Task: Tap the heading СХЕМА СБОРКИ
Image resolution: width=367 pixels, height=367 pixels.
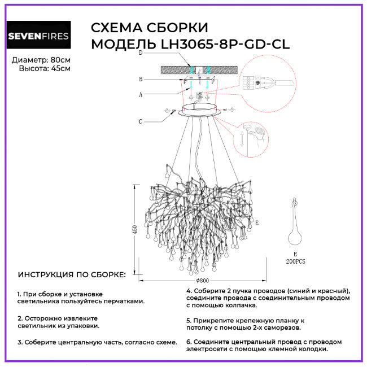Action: (149, 28)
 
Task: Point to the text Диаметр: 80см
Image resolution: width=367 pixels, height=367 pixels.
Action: (41, 59)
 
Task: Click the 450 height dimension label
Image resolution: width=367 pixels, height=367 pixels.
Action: (135, 232)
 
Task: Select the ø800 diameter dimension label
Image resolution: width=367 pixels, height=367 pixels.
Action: (203, 280)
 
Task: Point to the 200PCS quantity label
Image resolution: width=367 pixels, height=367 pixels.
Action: (295, 261)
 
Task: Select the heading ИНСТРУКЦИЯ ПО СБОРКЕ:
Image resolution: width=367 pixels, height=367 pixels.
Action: (72, 275)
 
